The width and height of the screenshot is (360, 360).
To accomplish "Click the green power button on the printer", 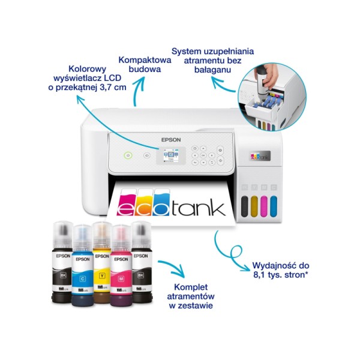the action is pyautogui.click(x=128, y=155).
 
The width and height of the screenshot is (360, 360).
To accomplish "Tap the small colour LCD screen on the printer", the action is pyautogui.click(x=171, y=155).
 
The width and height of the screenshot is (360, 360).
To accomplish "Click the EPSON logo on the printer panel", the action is pyautogui.click(x=171, y=140).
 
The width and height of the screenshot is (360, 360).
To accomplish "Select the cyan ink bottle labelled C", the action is pyautogui.click(x=83, y=265).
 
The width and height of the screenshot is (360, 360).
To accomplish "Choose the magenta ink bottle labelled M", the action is pyautogui.click(x=121, y=265).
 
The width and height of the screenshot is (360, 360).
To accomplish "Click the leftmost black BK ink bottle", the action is pyautogui.click(x=62, y=262).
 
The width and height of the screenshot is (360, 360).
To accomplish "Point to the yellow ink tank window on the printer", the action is pyautogui.click(x=254, y=206).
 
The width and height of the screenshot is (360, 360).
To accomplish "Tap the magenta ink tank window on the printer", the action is pyautogui.click(x=264, y=206).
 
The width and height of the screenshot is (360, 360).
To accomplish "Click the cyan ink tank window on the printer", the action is pyautogui.click(x=274, y=206).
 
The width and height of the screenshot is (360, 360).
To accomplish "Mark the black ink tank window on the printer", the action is pyautogui.click(x=245, y=206).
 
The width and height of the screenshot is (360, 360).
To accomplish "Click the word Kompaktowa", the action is pyautogui.click(x=145, y=60).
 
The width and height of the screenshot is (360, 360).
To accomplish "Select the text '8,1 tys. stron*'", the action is pyautogui.click(x=281, y=275).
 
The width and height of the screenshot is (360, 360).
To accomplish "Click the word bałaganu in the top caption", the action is pyautogui.click(x=212, y=70).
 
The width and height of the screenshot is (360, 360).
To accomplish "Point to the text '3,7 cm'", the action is pyautogui.click(x=113, y=88).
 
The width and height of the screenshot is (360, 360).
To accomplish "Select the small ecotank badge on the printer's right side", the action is pyautogui.click(x=260, y=156).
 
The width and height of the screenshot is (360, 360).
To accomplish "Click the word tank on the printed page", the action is pyautogui.click(x=198, y=208).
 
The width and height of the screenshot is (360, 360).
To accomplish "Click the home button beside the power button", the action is pyautogui.click(x=147, y=155).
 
